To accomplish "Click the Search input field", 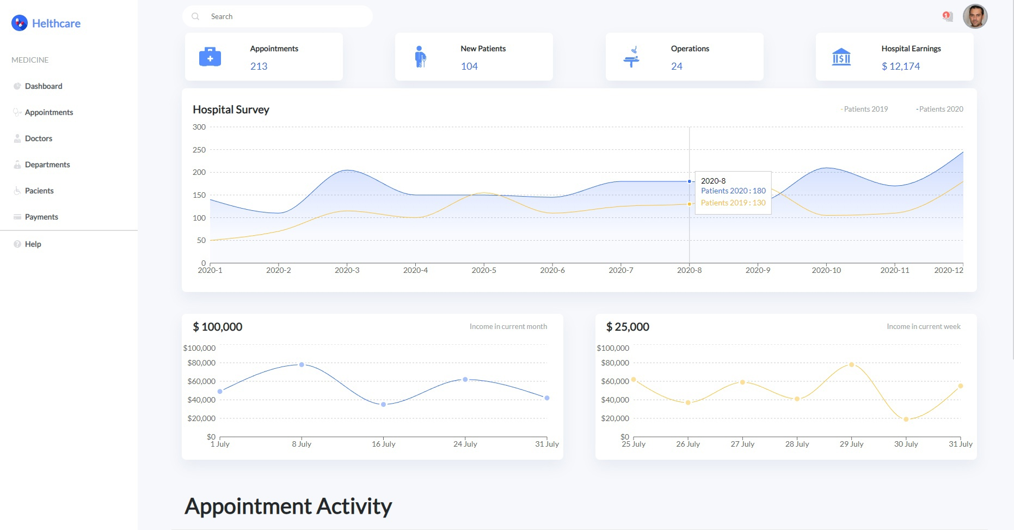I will coord(283,16).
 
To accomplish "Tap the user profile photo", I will coord(975,16).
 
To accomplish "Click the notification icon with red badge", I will coord(947,16).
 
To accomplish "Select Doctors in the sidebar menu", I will coord(38,138).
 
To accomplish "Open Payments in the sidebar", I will coord(41,217).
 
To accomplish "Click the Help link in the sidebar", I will coord(33,244).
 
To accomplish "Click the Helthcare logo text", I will coord(56,23).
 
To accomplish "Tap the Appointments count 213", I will coord(259,66).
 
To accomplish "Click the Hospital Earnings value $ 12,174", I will coord(900,66).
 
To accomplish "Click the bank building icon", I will coord(841,57).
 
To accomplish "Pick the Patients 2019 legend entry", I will coord(865,109).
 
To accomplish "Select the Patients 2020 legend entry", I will coord(940,109).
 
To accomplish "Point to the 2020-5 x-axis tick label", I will coord(484,270).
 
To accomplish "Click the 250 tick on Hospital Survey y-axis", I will coord(199,150).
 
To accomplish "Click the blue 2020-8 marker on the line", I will coord(690,181).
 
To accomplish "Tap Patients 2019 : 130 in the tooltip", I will coord(733,203).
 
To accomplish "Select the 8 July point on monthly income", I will coord(302,364).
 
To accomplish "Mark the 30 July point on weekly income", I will coord(906,419).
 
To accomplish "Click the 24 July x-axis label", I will coord(465,444).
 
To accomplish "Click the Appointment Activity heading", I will coord(288,506).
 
